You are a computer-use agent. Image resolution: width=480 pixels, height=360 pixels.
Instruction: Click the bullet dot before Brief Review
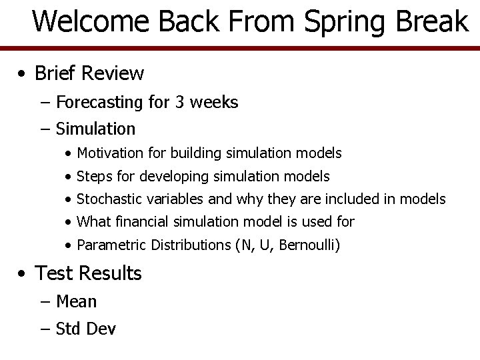coord(23,73)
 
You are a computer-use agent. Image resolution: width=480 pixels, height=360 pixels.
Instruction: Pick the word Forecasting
coord(99,103)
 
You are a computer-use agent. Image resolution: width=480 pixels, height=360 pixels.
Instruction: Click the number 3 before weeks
coord(180,103)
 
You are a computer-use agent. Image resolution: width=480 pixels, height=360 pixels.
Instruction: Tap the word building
coord(197,153)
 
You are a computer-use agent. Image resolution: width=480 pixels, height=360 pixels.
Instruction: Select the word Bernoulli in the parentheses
coord(308,245)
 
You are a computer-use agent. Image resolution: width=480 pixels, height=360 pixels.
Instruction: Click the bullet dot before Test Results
coord(23,274)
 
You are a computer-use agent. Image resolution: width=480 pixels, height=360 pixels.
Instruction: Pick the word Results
coord(112,273)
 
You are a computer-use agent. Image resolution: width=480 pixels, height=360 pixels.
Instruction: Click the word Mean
coord(76,302)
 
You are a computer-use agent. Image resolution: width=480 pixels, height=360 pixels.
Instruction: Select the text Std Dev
coord(86,329)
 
